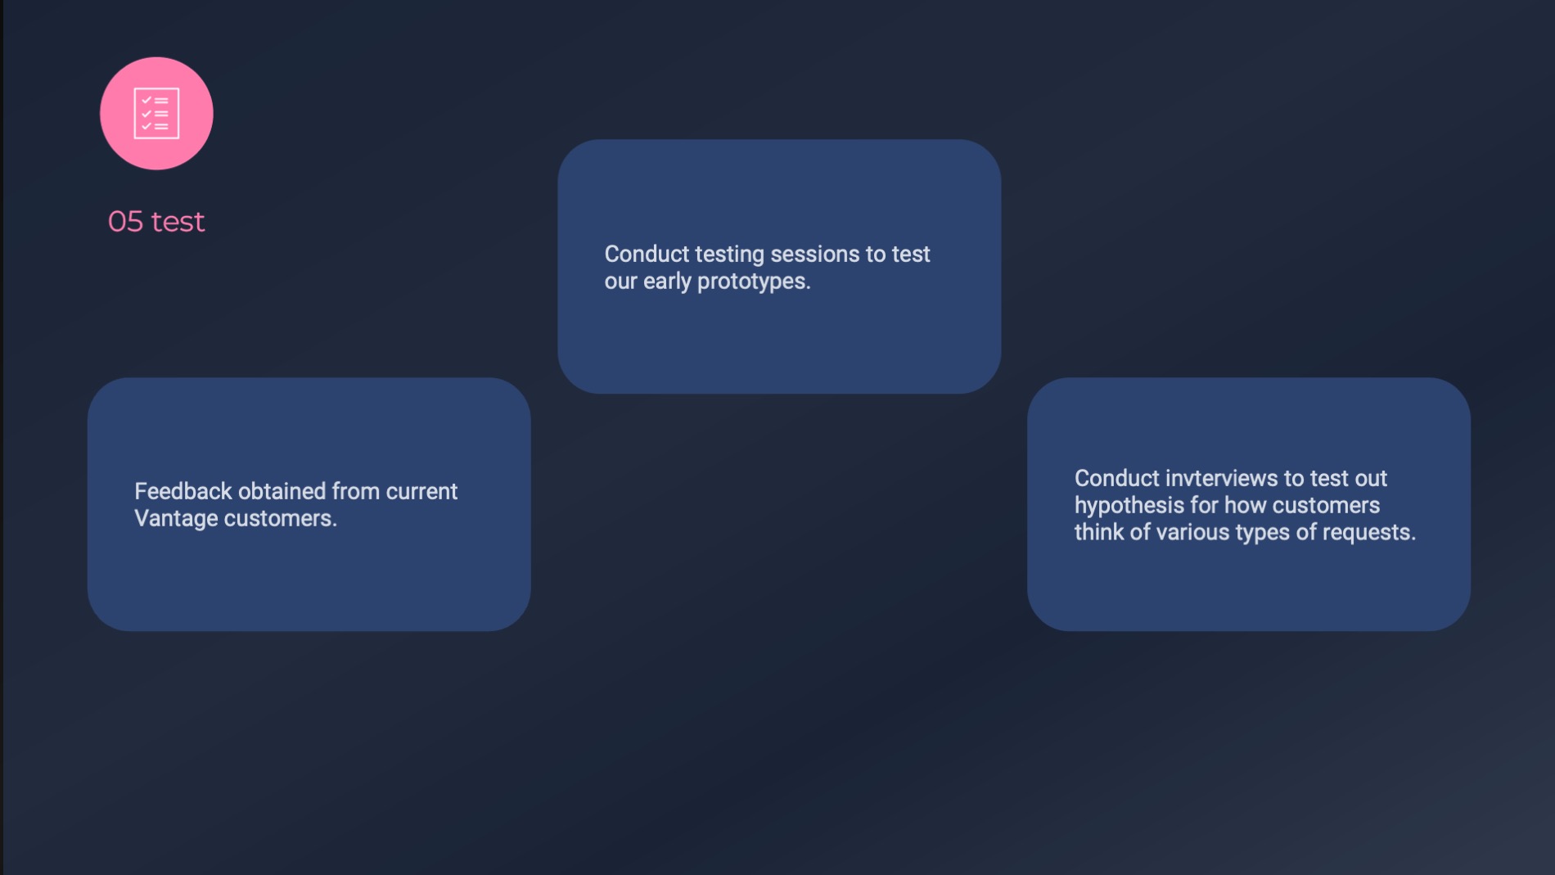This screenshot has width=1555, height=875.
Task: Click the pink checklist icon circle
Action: [156, 113]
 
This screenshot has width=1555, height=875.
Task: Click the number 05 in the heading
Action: [125, 222]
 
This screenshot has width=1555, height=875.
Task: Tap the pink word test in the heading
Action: [178, 222]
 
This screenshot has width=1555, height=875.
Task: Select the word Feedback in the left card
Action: [183, 491]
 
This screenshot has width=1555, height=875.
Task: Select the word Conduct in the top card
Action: [647, 255]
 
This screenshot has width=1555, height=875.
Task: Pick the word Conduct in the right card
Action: [1117, 478]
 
